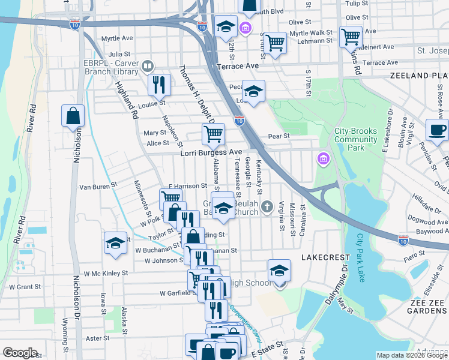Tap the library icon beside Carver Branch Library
click(147, 65)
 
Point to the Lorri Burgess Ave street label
click(211, 153)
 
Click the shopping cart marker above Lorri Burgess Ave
click(213, 134)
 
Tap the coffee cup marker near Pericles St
click(436, 130)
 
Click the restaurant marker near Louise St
click(159, 85)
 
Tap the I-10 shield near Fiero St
click(404, 239)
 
